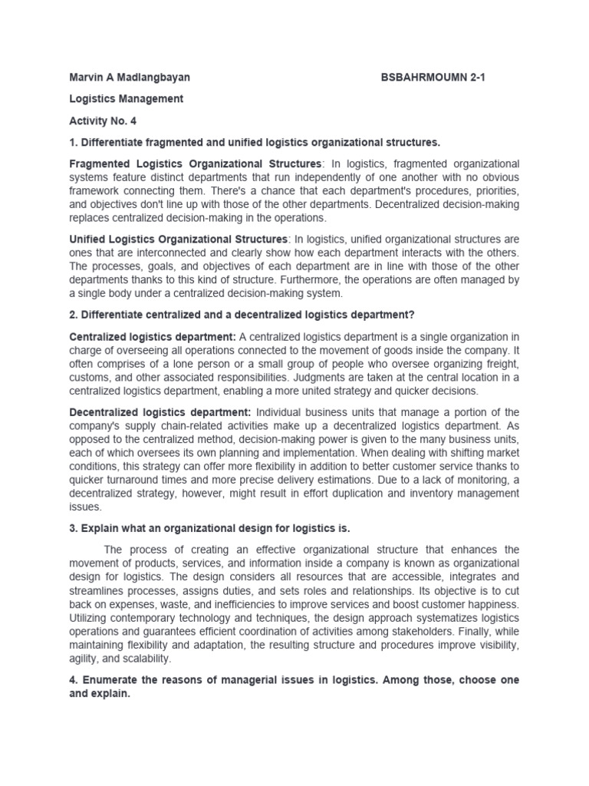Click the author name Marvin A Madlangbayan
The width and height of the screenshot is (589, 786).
130,78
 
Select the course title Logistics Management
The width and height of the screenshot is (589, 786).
127,99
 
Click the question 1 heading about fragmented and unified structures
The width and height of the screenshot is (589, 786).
255,142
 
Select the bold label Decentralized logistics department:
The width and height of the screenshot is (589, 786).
159,411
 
